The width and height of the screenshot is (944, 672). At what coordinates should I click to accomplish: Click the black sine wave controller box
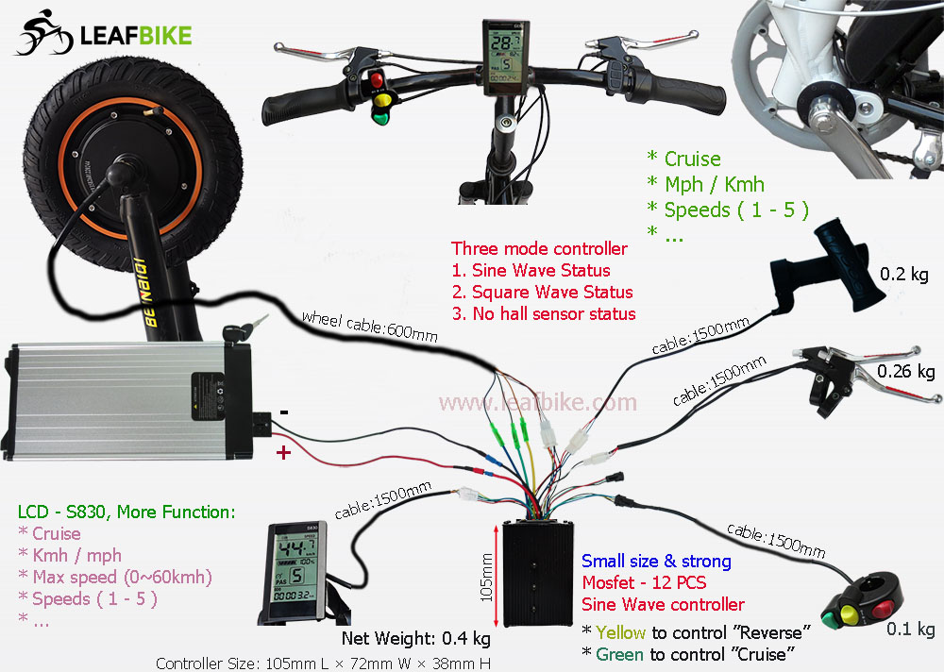coord(535,572)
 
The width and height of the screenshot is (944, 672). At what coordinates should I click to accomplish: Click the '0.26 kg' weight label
coord(905,372)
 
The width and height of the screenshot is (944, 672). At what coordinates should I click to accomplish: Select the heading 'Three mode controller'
coord(539,249)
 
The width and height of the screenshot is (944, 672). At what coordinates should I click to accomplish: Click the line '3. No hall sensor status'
coord(543,313)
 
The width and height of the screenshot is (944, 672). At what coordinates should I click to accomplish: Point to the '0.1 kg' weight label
coord(913,630)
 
